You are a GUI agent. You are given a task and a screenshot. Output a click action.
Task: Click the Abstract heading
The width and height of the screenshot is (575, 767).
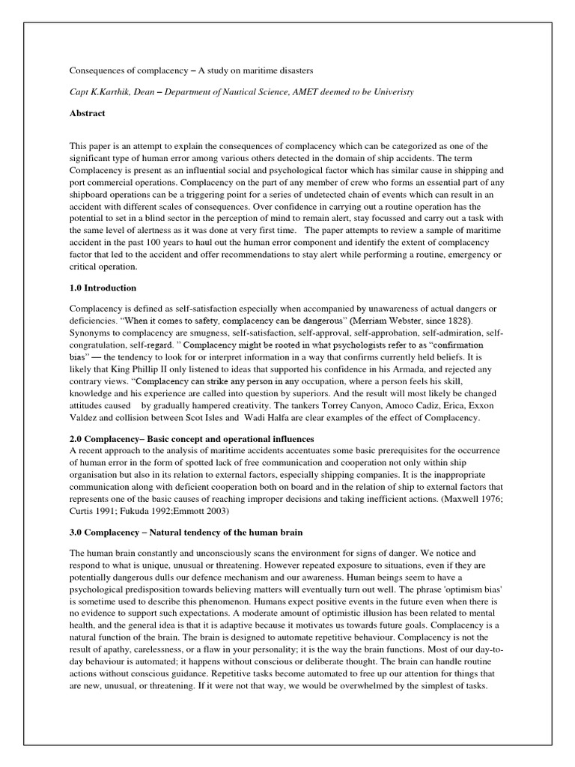[88, 113]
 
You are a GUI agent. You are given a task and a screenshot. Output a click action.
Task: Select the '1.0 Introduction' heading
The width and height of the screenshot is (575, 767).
[103, 288]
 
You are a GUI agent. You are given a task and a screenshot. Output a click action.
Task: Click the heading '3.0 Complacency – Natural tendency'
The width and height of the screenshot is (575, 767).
[186, 533]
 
